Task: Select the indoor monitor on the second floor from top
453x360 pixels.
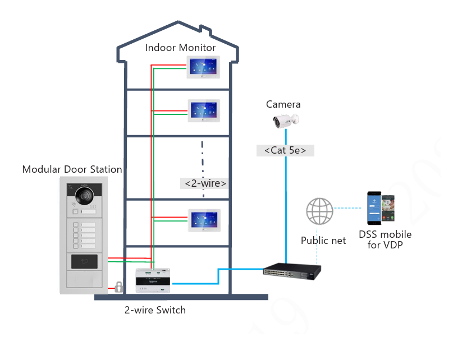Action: [x=203, y=109]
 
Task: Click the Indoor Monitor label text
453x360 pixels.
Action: [x=180, y=48]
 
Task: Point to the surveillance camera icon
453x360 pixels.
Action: [x=286, y=119]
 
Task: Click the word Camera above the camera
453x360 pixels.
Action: [x=283, y=104]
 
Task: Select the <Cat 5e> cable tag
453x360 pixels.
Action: [x=285, y=150]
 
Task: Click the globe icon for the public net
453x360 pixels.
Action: [x=319, y=211]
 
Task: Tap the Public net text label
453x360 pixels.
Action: [x=323, y=241]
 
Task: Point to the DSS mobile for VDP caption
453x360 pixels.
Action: [x=385, y=239]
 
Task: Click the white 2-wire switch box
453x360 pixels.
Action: [x=153, y=280]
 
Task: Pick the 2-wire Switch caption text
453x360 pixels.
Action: [x=155, y=310]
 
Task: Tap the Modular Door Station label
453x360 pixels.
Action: [x=72, y=169]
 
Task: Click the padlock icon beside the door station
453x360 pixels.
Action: [x=118, y=287]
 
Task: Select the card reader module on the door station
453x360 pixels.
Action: [x=84, y=261]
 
